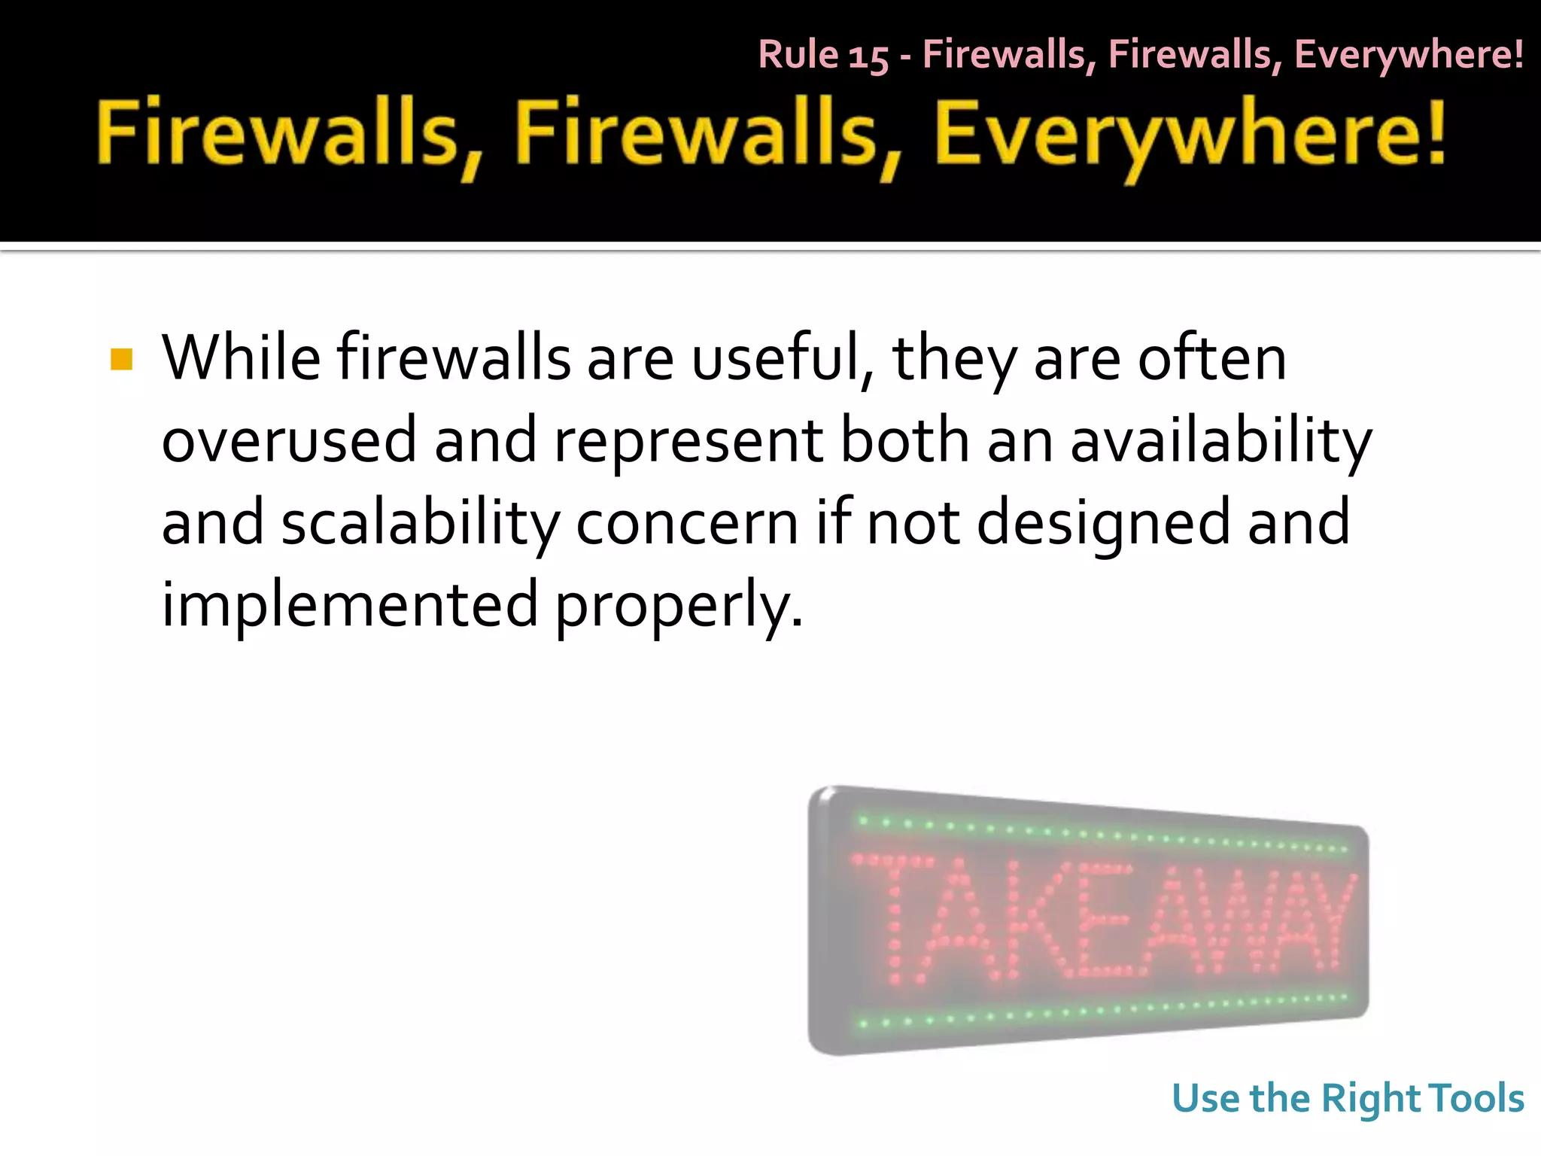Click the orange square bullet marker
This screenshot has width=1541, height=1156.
pyautogui.click(x=121, y=360)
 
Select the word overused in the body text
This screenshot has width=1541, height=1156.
pyautogui.click(x=289, y=441)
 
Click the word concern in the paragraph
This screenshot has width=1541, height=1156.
pyautogui.click(x=687, y=524)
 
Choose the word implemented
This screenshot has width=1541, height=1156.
pyautogui.click(x=350, y=605)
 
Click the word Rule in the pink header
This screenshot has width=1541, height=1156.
pyautogui.click(x=798, y=55)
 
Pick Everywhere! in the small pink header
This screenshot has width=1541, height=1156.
pyautogui.click(x=1409, y=55)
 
